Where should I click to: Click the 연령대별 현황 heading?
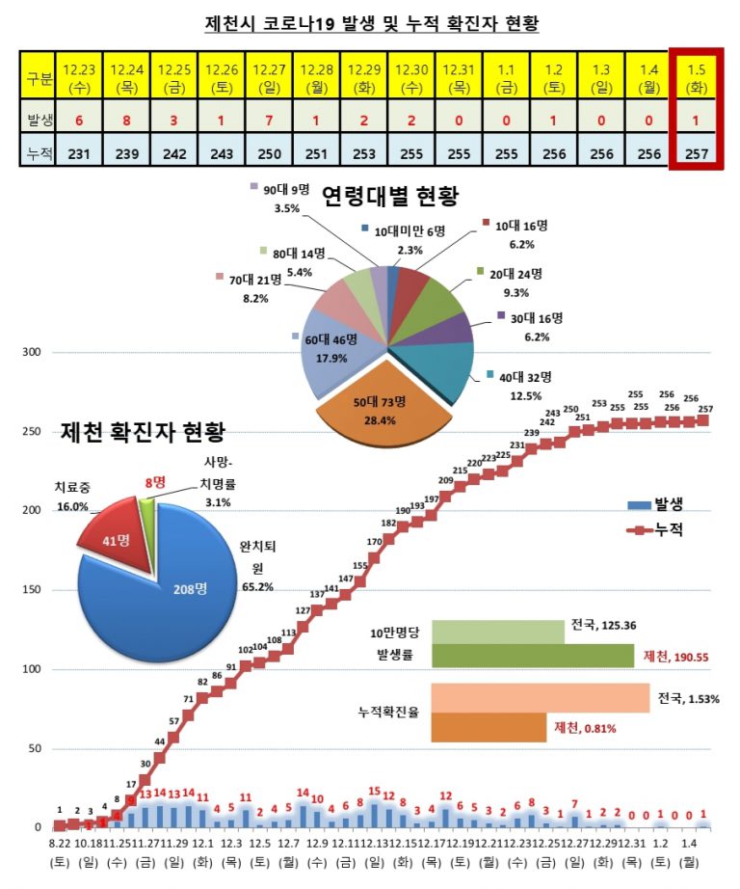[x=389, y=197]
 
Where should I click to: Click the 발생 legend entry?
[x=660, y=504]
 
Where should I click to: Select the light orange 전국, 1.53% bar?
[x=541, y=697]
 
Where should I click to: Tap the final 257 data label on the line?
[x=705, y=411]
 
